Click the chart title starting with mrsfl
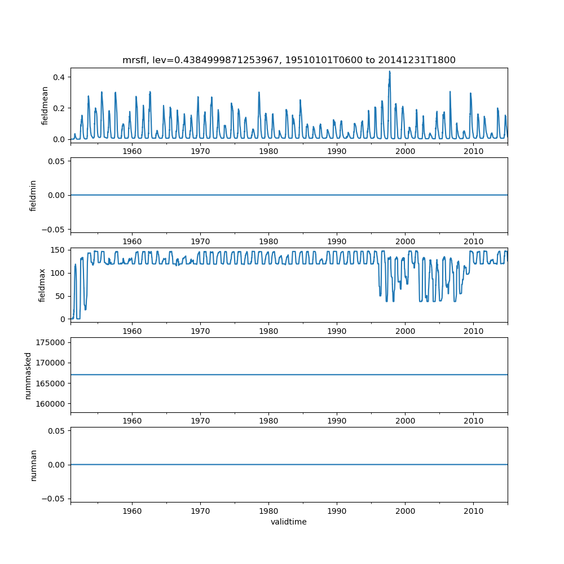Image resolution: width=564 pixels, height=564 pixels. click(x=289, y=60)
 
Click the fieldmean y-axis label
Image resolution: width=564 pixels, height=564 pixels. click(x=45, y=105)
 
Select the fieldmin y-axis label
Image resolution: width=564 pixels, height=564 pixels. click(x=33, y=195)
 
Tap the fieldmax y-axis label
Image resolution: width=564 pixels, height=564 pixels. click(x=42, y=285)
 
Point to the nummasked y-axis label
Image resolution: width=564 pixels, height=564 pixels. click(x=28, y=374)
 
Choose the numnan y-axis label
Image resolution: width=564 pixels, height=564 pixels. click(x=33, y=465)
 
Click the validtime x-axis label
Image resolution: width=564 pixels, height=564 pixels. click(x=289, y=522)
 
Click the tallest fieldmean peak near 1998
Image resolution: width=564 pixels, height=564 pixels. click(x=389, y=72)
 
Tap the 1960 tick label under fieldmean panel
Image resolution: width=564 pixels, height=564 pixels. click(x=132, y=151)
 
